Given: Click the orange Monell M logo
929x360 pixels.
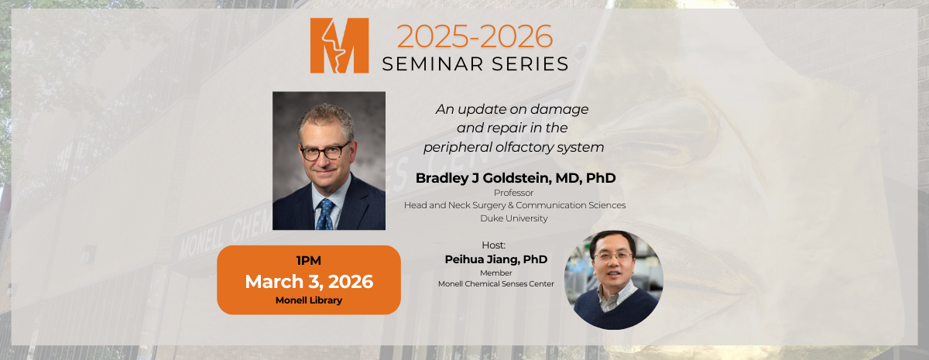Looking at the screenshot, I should [339, 46].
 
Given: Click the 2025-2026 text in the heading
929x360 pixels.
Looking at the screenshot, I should [475, 36].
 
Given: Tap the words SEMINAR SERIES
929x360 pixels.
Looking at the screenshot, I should [475, 63].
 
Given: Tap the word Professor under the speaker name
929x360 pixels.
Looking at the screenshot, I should [514, 192].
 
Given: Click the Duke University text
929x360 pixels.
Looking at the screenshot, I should [514, 218].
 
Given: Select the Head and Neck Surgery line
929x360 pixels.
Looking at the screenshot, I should [514, 205].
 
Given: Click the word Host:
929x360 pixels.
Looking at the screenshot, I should [493, 245].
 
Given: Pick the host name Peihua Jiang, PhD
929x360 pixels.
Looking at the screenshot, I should [495, 259].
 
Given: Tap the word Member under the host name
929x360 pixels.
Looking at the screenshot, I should [495, 273].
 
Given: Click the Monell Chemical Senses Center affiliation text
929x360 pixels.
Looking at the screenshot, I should [495, 284].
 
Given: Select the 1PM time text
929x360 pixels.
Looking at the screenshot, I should [309, 261].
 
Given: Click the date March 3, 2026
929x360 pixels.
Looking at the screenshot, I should [309, 281].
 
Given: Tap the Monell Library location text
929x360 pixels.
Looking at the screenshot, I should [309, 300].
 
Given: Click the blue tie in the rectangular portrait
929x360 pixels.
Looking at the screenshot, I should [325, 214].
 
